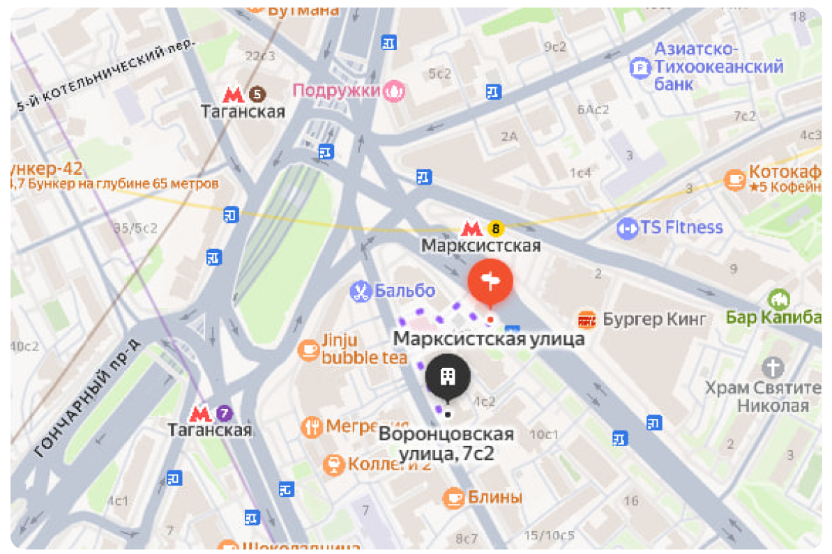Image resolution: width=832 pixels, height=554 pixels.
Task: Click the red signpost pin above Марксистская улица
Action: pos(490,282)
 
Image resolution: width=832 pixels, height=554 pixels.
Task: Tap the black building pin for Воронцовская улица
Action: pos(448,376)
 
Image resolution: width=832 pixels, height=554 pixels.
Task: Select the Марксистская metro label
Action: pos(481,246)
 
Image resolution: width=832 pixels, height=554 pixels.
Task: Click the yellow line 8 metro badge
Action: pos(495,227)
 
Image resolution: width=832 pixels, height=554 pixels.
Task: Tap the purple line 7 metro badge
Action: pos(225,413)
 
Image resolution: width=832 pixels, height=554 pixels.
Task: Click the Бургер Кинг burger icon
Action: pos(587,320)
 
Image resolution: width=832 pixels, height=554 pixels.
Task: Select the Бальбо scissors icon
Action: pos(360,291)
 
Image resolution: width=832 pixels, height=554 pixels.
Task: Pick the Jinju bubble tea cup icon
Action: pos(308,348)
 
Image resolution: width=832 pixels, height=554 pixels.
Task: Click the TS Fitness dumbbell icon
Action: pos(628,228)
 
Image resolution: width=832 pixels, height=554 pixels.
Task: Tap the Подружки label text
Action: pos(336,91)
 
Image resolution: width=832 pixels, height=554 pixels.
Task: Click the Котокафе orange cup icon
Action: pos(734,179)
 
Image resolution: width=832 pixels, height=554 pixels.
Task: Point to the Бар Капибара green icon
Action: pos(778,300)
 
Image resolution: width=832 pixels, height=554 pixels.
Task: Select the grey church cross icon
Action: pos(773,367)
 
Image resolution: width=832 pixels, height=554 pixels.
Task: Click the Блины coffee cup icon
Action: pos(454,497)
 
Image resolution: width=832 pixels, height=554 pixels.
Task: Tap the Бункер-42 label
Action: pos(47,168)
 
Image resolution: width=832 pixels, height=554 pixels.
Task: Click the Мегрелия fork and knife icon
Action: pos(311,426)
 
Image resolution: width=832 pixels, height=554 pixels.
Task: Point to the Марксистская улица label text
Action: pos(489,339)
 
